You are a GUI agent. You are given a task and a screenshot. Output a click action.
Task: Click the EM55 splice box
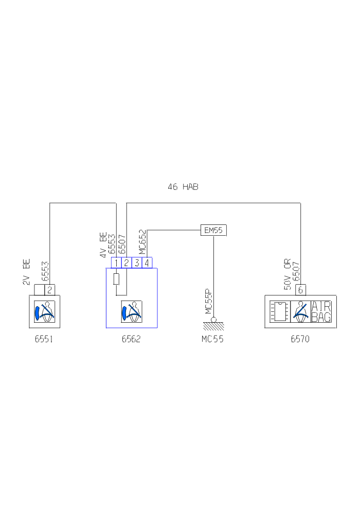point(213,230)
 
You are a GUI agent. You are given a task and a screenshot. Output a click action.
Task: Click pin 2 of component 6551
point(50,290)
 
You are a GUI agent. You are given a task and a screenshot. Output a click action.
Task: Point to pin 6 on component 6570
point(300,290)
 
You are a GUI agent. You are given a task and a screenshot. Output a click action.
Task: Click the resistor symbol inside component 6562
point(116,279)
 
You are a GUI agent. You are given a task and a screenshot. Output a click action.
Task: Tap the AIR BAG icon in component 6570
point(321,311)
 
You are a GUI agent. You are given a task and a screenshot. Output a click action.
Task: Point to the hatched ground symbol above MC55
point(213,326)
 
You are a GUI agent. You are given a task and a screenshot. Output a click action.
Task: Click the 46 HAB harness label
point(183,187)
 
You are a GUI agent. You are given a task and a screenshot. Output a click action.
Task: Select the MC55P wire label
point(208,302)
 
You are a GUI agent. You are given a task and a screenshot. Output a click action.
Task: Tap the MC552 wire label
point(142,242)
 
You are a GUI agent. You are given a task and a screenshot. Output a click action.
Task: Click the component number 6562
point(131,339)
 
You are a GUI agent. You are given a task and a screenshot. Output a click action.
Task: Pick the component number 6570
point(300,339)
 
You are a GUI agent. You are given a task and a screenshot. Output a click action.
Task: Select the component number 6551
point(44,339)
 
